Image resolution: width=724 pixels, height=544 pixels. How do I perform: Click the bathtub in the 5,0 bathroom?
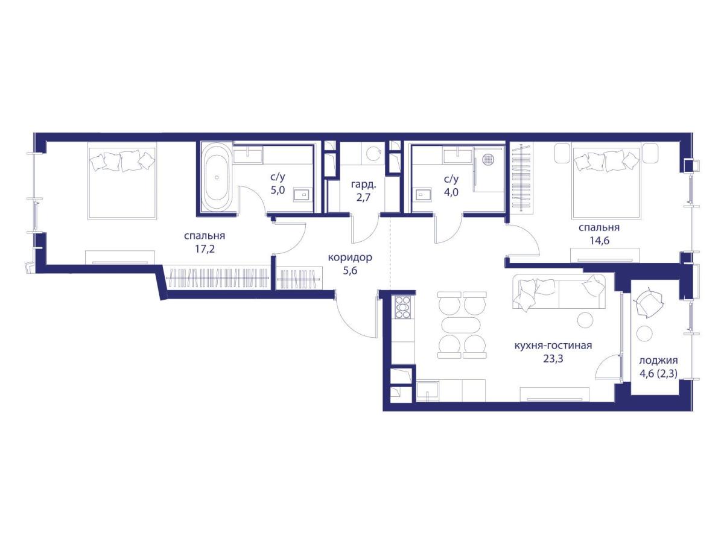[x=217, y=178]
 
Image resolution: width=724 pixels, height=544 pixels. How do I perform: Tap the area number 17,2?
[x=205, y=249]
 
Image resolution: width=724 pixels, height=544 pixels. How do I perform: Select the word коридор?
[x=350, y=258]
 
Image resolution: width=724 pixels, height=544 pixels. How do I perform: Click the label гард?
[x=363, y=185]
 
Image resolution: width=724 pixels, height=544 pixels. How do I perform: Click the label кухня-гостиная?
[x=553, y=346]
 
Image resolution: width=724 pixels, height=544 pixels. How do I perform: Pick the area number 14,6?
[x=599, y=241]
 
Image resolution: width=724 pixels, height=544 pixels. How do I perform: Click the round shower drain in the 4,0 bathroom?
[x=487, y=160]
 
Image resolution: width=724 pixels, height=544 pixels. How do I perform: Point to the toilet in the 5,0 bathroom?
[x=302, y=195]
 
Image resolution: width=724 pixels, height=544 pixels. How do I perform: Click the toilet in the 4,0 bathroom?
[x=424, y=195]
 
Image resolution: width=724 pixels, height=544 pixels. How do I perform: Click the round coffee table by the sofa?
[x=585, y=320]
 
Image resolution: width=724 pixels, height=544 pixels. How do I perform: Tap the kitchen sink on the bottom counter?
[x=428, y=391]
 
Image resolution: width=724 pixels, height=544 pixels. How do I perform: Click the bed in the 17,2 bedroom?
[x=122, y=183]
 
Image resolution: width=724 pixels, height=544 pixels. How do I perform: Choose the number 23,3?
[x=553, y=358]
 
